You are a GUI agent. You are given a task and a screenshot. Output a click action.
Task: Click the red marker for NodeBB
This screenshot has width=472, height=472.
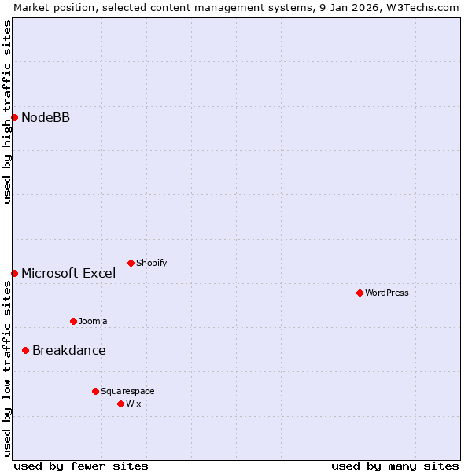(x=14, y=118)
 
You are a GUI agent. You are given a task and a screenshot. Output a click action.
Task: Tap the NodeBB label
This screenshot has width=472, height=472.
(x=46, y=118)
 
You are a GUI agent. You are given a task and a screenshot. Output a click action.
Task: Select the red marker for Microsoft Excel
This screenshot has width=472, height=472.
(x=14, y=273)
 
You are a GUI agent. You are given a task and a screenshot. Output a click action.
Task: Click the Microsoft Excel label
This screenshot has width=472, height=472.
(x=68, y=274)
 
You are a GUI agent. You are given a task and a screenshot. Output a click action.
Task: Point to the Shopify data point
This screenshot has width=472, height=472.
(x=131, y=263)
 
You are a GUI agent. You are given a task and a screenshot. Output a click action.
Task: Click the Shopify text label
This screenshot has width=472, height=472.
(x=151, y=263)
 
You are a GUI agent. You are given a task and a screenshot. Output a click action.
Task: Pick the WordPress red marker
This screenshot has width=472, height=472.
(x=360, y=293)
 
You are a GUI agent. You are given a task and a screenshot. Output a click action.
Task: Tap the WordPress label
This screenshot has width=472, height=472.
(x=386, y=293)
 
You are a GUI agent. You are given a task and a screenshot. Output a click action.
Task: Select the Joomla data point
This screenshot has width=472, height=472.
(x=73, y=321)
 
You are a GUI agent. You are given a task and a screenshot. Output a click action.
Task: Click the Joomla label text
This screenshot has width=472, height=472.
(x=93, y=321)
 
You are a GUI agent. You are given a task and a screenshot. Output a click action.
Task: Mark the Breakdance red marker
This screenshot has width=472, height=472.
(x=25, y=350)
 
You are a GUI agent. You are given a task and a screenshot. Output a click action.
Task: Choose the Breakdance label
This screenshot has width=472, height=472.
(x=68, y=351)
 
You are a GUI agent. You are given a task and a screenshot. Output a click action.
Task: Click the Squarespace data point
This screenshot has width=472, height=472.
(x=95, y=391)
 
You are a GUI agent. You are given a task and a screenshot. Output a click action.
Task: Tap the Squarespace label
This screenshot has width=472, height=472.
(x=127, y=391)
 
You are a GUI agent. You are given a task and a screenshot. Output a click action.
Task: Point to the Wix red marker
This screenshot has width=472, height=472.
(x=120, y=404)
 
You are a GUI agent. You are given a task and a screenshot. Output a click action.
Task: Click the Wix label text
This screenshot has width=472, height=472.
(x=134, y=404)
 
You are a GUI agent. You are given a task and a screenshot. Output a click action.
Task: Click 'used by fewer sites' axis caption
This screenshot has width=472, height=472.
(x=81, y=466)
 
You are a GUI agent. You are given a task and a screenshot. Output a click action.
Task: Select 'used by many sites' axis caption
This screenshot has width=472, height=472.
(x=395, y=466)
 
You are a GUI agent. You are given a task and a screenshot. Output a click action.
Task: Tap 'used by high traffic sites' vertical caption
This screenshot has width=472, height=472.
(x=7, y=112)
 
